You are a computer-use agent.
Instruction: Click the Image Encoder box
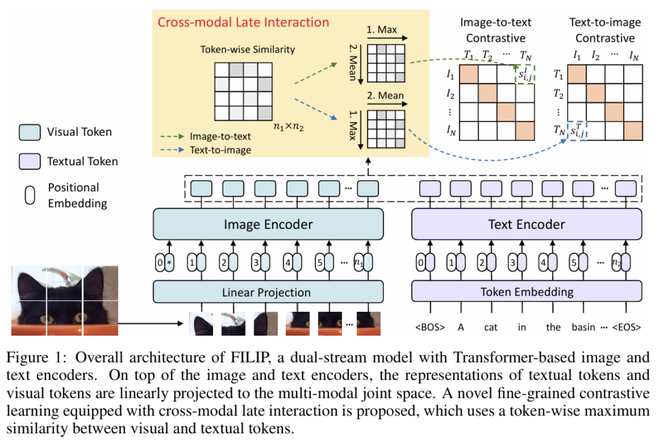point(268,224)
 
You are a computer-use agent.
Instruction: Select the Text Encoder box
point(526,224)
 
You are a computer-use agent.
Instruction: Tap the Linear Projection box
point(268,292)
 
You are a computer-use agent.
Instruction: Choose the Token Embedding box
point(526,292)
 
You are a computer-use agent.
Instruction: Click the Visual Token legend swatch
point(30,132)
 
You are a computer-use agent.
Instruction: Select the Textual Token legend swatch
point(30,161)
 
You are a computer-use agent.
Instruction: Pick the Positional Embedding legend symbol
point(30,194)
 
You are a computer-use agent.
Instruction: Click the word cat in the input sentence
point(491,327)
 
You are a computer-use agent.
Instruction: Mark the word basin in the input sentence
point(584,327)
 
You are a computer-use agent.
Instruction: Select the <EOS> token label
point(627,327)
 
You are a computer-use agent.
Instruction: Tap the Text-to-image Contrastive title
point(605,30)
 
